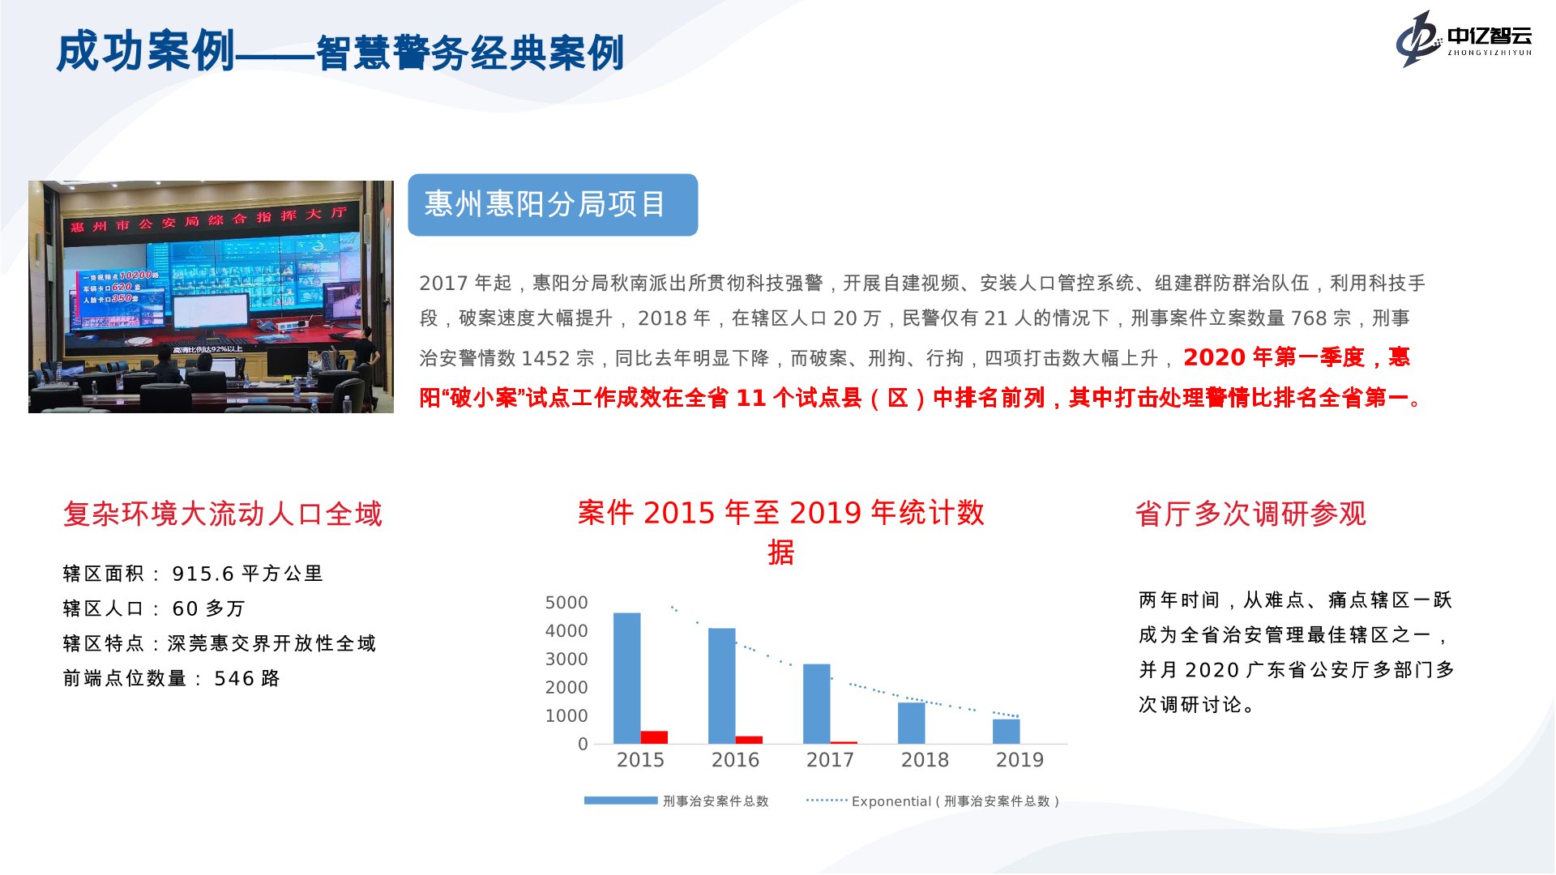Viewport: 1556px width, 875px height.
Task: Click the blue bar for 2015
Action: point(626,678)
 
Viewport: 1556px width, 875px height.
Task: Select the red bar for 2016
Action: point(749,740)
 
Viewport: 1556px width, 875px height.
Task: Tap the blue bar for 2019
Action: point(1006,731)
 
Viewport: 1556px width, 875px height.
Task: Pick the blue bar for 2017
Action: point(816,704)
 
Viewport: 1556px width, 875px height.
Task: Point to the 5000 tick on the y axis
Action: point(566,603)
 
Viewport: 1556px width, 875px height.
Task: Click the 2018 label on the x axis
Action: point(925,760)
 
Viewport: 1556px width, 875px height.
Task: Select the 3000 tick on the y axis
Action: point(566,659)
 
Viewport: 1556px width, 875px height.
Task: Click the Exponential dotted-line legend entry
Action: point(933,801)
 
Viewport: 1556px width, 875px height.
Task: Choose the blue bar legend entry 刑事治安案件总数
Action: point(676,801)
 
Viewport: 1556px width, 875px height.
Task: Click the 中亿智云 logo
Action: point(1464,38)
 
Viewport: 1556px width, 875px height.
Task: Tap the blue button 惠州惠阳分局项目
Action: point(553,205)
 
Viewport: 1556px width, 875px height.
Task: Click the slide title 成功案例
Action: point(145,51)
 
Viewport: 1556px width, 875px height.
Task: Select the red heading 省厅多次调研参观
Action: point(1250,514)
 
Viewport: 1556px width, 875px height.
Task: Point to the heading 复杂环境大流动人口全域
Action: point(223,514)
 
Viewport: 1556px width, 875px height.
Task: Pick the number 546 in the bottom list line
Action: point(233,678)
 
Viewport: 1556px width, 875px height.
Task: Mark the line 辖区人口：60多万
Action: point(154,608)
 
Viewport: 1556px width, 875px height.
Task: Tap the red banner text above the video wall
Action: point(208,220)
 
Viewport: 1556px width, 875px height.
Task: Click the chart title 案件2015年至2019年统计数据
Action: point(780,531)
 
